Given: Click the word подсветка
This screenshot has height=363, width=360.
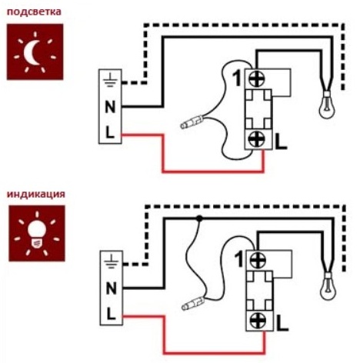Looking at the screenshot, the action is (34, 12).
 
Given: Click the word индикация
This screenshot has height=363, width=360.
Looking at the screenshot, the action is (36, 194).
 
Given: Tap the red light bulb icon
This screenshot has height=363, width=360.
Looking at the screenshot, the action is (37, 233).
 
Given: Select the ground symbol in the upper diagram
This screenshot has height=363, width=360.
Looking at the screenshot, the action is (110, 80).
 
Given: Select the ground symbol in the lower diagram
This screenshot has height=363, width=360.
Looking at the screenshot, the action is (111, 261).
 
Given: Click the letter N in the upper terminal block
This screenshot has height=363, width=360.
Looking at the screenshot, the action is (110, 107).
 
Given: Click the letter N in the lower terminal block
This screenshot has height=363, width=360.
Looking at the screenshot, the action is (111, 288).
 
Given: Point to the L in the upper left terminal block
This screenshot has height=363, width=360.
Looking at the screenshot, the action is (109, 133).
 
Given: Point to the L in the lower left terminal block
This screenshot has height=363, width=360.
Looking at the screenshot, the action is (111, 315).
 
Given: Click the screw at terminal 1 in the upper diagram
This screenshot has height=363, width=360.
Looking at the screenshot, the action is (257, 78).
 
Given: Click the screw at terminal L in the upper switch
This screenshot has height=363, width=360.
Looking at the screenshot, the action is (258, 139).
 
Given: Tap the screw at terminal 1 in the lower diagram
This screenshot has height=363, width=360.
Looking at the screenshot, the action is (258, 260).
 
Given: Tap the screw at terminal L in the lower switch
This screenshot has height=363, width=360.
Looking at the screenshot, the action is (258, 321).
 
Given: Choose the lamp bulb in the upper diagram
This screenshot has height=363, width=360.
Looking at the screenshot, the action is (327, 105).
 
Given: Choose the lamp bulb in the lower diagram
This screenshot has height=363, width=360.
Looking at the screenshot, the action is (328, 287).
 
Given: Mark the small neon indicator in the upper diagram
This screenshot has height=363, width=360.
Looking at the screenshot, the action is (192, 122).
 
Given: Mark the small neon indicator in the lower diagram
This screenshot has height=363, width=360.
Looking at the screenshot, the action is (192, 304).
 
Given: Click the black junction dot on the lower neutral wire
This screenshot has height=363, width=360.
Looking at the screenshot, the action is (199, 218).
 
